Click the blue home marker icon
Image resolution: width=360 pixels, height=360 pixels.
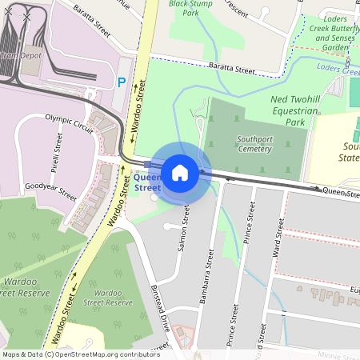click(x=180, y=172)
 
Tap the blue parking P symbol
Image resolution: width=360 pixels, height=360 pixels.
click(x=122, y=82)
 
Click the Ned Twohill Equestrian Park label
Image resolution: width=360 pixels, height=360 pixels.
click(x=297, y=109)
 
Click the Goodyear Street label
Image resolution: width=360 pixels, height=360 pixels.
click(x=50, y=190)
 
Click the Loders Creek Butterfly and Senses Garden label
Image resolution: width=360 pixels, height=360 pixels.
click(x=334, y=33)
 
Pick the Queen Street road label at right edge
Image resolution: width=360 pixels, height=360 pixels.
click(x=341, y=192)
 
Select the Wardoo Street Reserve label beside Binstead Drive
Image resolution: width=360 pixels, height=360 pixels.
click(x=106, y=296)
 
